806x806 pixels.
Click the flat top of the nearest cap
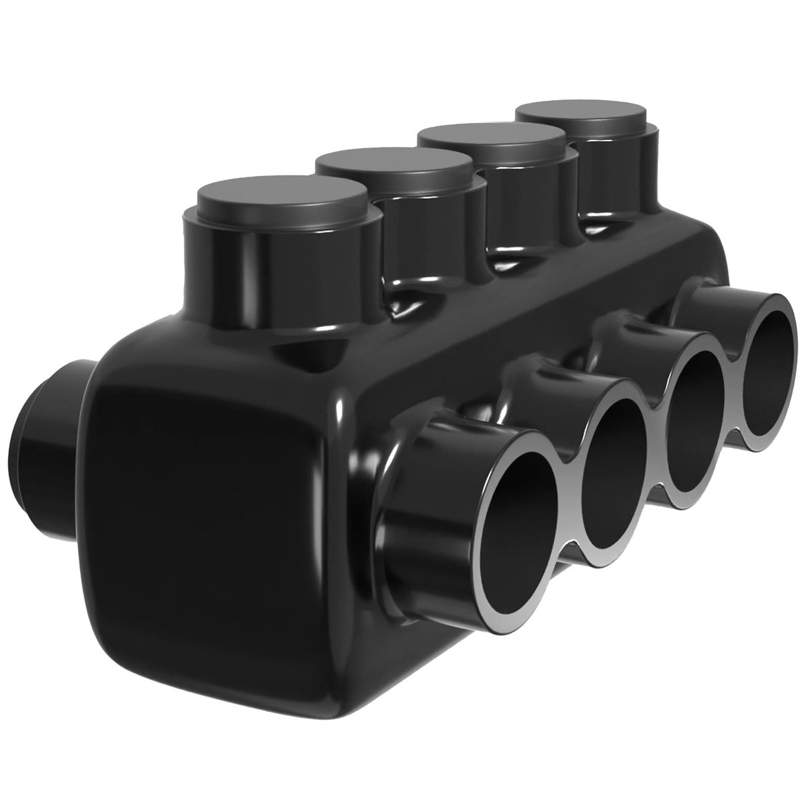tap(282, 195)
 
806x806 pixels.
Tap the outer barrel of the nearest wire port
tap(410, 510)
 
